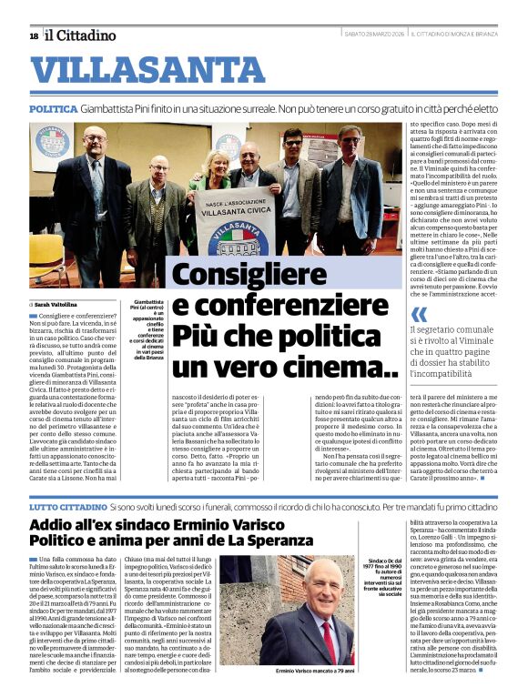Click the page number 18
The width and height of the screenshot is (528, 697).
pyautogui.click(x=33, y=35)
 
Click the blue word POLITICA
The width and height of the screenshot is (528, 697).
pyautogui.click(x=53, y=107)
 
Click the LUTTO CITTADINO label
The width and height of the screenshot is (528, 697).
pyautogui.click(x=68, y=504)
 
